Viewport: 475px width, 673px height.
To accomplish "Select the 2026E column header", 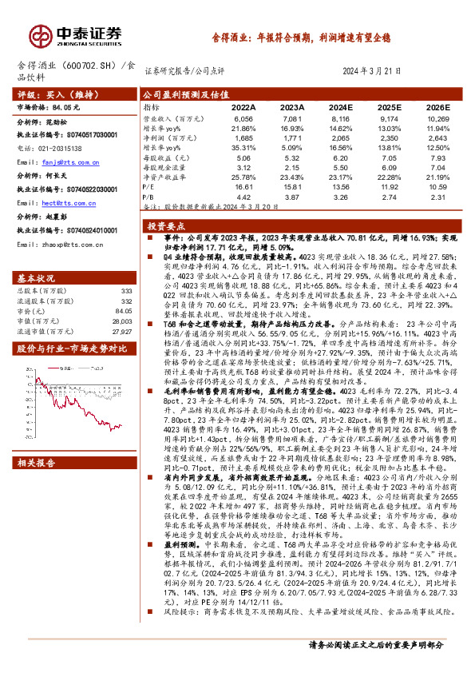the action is (438, 106).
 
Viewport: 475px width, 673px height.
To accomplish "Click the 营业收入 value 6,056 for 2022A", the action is (243, 117).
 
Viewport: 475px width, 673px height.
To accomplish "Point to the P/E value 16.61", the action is (243, 186).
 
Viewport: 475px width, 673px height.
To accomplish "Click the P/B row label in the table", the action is (149, 196).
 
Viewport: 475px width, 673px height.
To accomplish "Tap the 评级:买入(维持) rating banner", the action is (48, 94).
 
